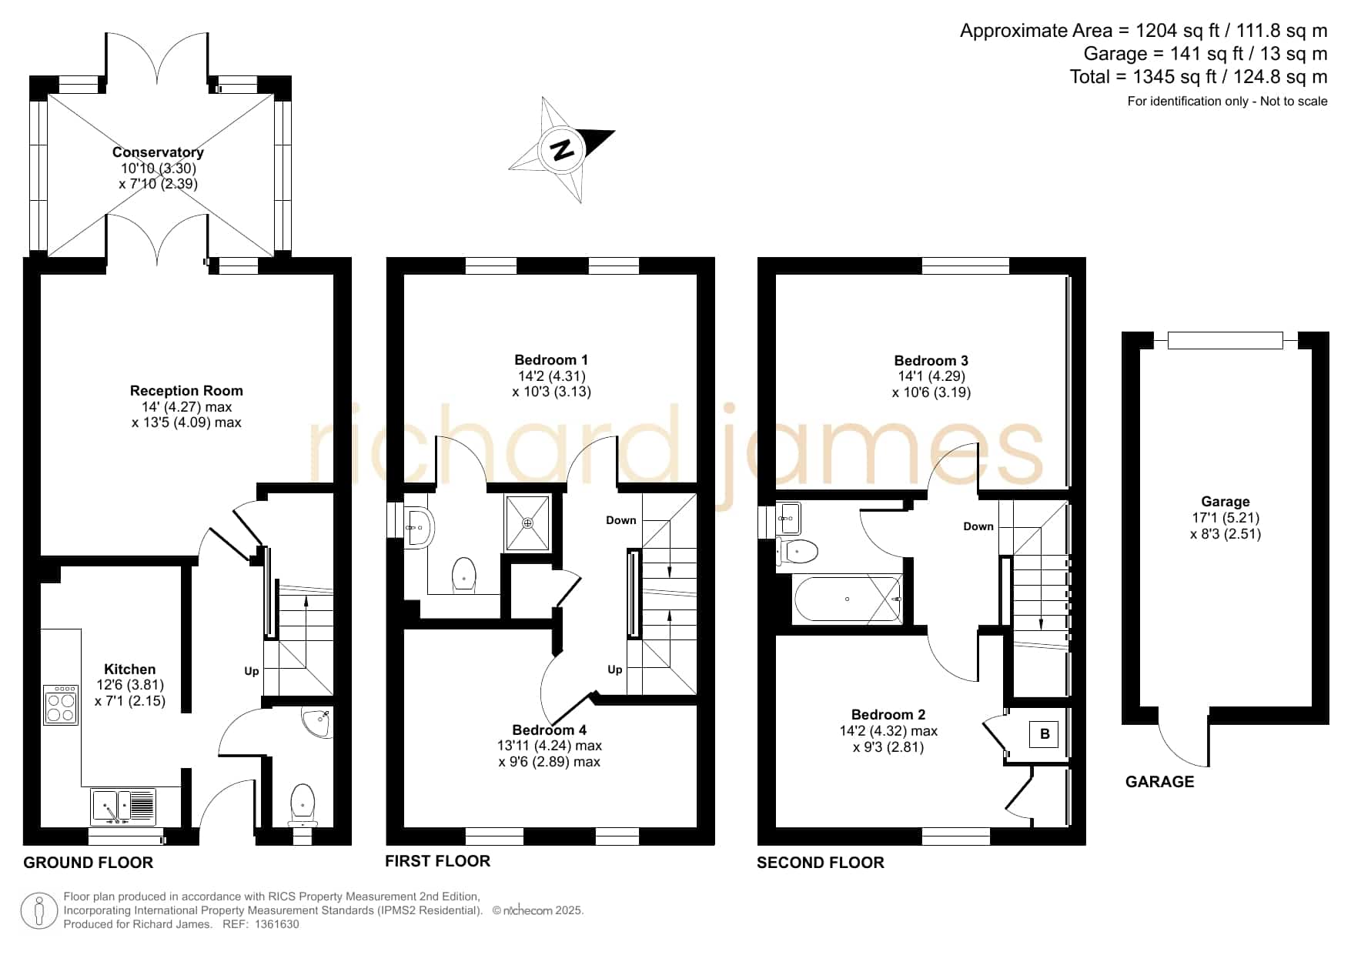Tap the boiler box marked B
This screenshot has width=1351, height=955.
point(1045,734)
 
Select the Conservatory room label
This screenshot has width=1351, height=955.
point(158,152)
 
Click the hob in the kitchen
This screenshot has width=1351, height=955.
point(62,705)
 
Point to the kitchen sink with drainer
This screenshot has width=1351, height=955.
point(123,806)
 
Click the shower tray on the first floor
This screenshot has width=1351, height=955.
point(528,523)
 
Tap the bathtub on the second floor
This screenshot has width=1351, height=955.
point(847,599)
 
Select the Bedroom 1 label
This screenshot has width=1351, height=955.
point(551,360)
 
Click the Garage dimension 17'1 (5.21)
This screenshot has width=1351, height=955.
point(1226,518)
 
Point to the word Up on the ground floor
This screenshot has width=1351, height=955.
point(252,671)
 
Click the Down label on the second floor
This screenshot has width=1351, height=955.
point(978,526)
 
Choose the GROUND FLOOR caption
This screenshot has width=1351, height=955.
point(89,863)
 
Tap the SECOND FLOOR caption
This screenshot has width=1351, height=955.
point(821,863)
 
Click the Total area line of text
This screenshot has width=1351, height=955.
point(1199,77)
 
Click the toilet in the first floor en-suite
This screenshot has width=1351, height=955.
point(464,574)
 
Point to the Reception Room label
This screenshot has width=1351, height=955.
point(186,391)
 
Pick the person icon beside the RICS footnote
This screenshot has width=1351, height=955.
point(38,911)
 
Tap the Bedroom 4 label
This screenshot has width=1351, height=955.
point(550,730)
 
